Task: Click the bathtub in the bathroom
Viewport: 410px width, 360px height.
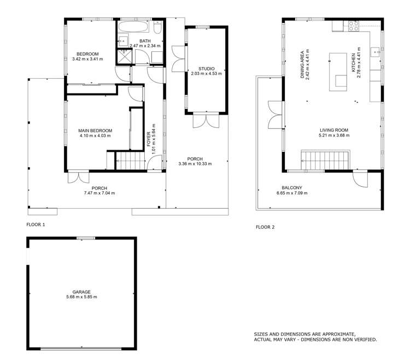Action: point(133,27)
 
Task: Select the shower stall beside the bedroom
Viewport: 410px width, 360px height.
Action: point(124,56)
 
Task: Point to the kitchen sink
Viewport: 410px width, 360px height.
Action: point(376,52)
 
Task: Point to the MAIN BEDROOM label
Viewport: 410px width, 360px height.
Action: point(95,131)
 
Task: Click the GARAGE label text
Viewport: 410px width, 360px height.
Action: point(80,292)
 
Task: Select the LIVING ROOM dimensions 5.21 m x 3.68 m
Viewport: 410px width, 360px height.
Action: point(334,135)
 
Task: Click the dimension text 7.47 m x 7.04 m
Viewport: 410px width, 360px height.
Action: point(99,193)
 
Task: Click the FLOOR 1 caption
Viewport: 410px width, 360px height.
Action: point(36,225)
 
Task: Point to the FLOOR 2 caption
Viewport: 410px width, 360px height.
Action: point(265,227)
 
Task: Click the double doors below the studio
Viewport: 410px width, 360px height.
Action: point(201,121)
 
